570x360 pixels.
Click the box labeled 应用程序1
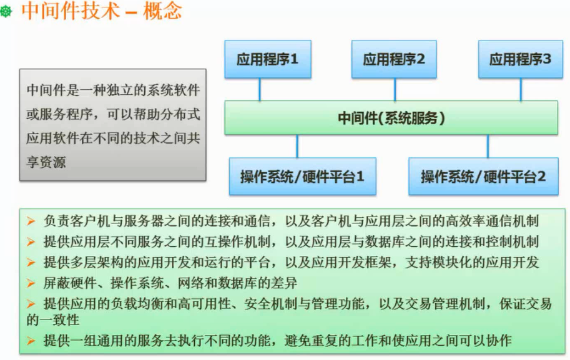click(x=268, y=59)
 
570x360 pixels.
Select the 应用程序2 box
click(x=395, y=59)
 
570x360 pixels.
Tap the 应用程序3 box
click(x=521, y=59)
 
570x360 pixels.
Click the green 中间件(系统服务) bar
click(x=391, y=118)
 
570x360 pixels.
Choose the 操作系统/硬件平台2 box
click(x=483, y=177)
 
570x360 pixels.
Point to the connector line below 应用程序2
click(x=395, y=89)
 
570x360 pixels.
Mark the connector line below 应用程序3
click(x=521, y=89)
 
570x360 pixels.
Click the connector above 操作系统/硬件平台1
click(x=297, y=145)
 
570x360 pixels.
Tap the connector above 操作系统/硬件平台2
click(x=488, y=145)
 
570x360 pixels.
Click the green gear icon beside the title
click(x=7, y=12)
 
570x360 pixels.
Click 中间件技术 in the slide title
click(x=70, y=11)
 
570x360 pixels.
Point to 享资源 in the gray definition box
click(x=46, y=162)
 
